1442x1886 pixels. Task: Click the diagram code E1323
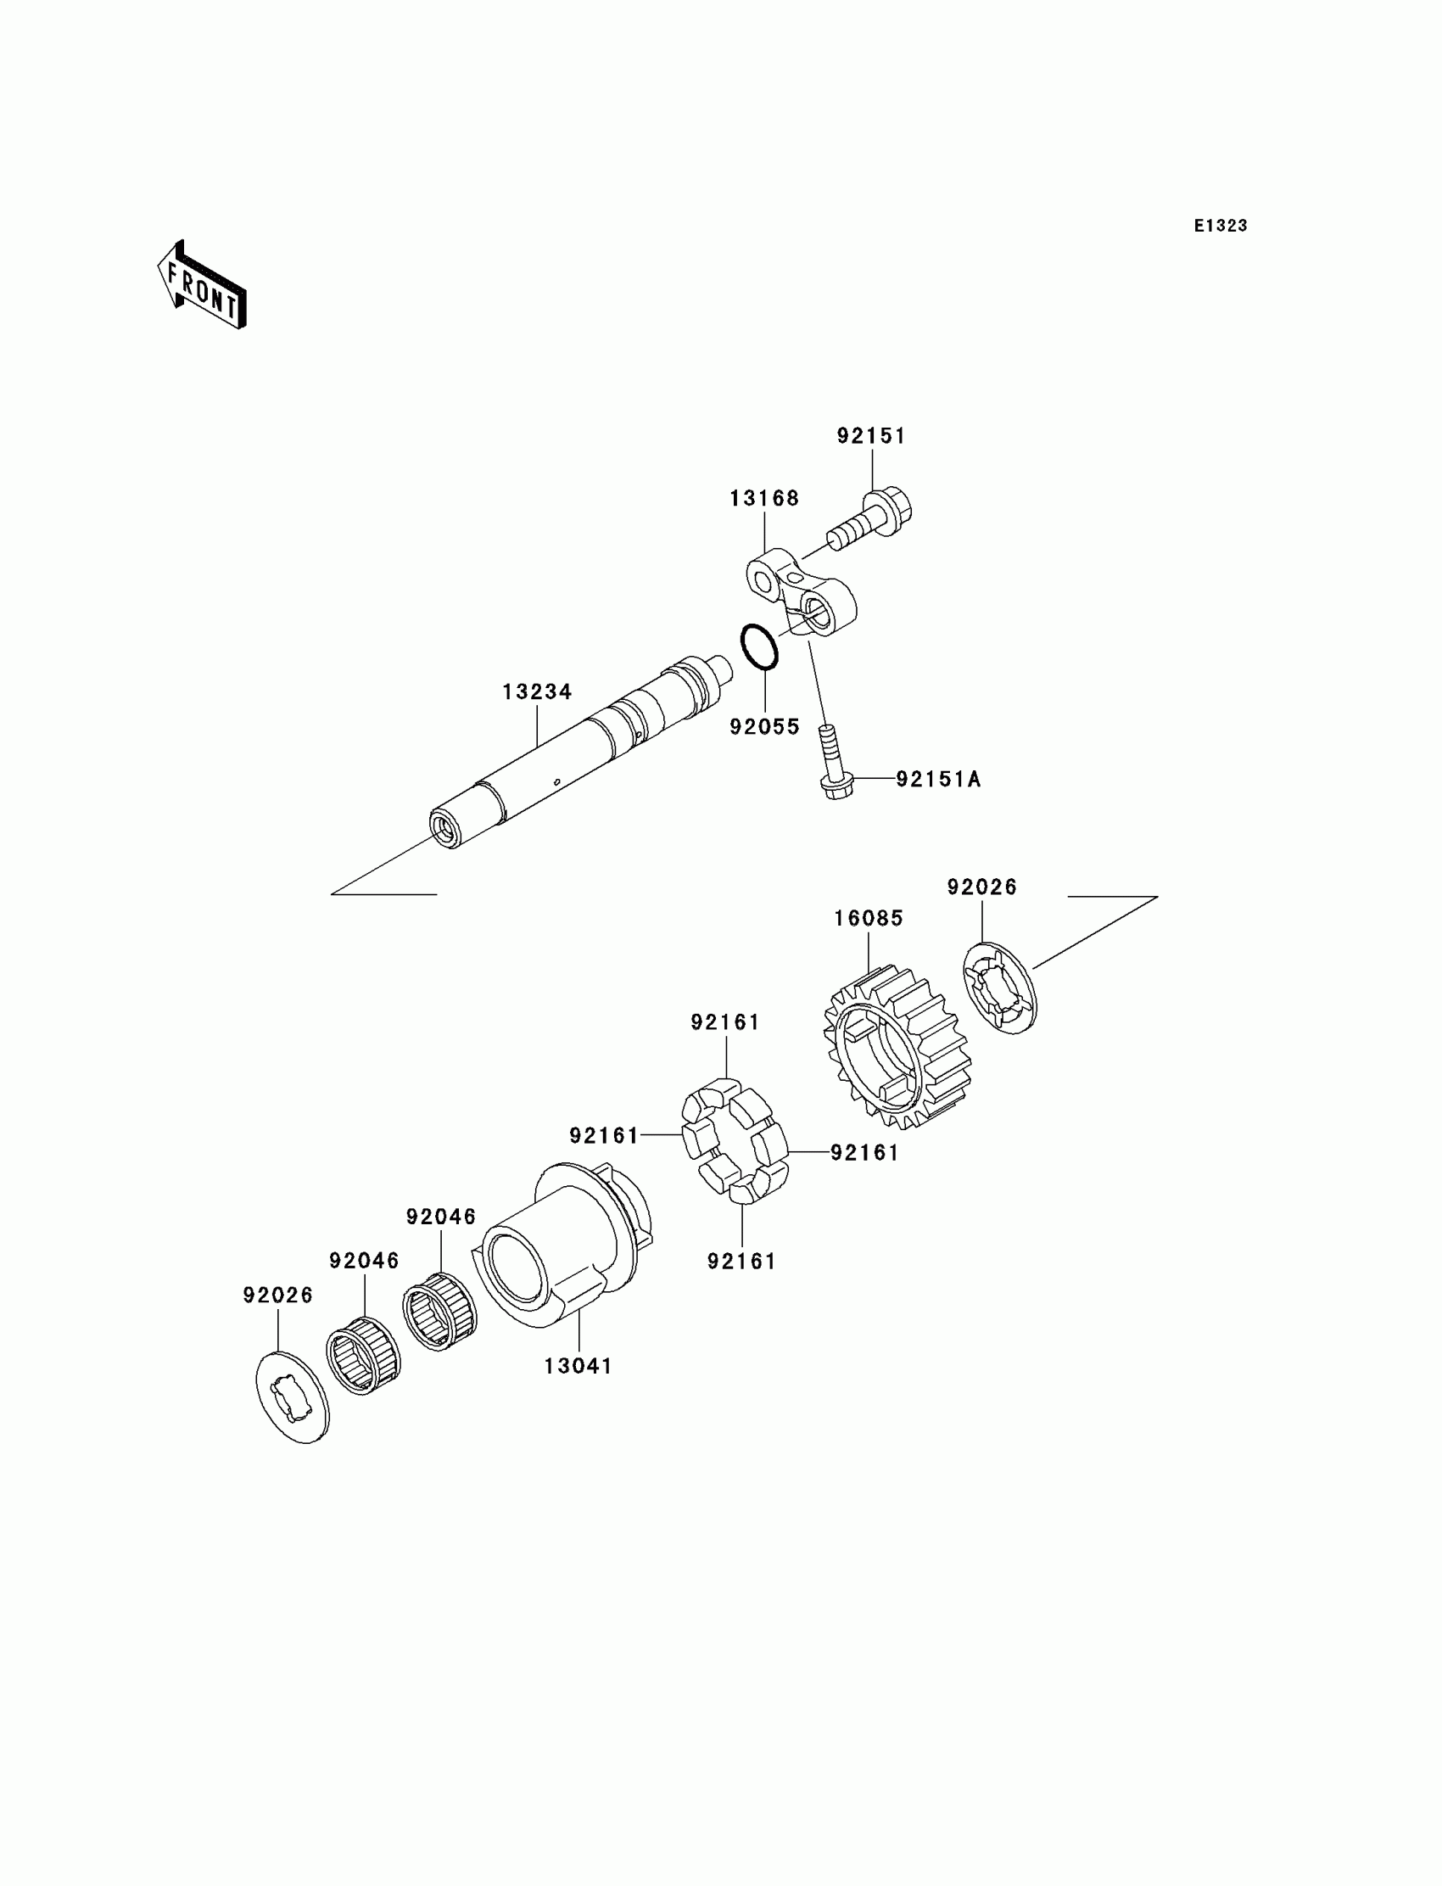tap(1220, 226)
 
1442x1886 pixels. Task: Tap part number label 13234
tap(537, 692)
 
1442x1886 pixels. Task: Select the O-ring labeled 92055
tap(760, 647)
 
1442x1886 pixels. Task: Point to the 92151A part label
tap(938, 780)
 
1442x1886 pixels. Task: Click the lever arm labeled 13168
tap(801, 594)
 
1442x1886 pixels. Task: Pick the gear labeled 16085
tap(897, 1045)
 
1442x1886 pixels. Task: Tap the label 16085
tap(869, 919)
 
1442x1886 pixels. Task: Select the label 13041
tap(578, 1366)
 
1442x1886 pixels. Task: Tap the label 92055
tap(764, 727)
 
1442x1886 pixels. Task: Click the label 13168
tap(764, 499)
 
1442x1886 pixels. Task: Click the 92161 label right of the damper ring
tap(864, 1153)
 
